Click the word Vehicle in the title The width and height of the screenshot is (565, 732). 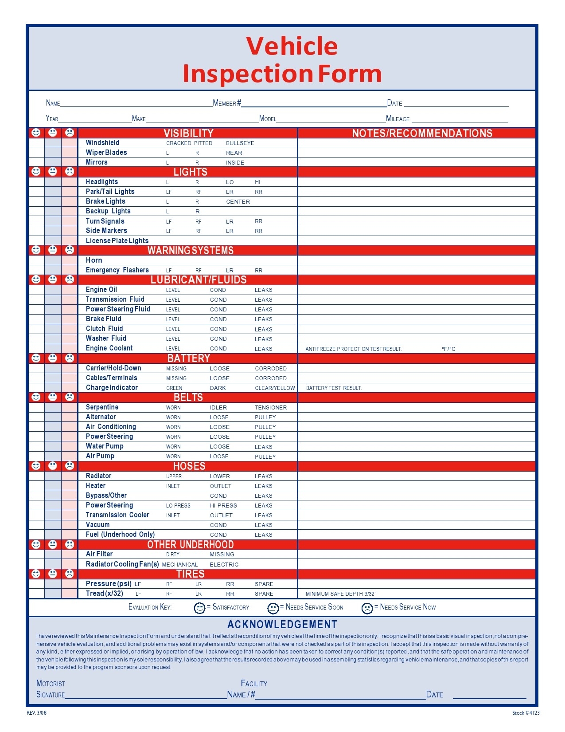point(292,46)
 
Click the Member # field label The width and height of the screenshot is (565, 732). point(227,103)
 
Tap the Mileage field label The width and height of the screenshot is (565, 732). point(398,119)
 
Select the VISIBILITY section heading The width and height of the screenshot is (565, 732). point(188,133)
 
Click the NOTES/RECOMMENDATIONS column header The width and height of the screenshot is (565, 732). point(422,133)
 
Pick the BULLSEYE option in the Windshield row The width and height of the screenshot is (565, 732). point(240,143)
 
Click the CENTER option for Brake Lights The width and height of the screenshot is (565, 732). point(238,202)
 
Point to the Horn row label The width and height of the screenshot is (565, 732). point(94,260)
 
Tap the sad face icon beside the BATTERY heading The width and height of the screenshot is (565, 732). point(70,358)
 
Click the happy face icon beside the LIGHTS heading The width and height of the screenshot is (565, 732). point(36,171)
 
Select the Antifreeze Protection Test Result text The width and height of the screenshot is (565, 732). point(353,349)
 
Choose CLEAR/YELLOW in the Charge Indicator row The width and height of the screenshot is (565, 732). point(275,388)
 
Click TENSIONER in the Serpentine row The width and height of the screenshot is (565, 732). point(270,408)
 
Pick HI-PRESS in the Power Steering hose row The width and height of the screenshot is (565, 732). point(223,506)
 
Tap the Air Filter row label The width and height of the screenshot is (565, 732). point(99,554)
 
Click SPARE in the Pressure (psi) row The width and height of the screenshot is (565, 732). point(264,584)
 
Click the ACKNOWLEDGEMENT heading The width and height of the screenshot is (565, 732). point(282,625)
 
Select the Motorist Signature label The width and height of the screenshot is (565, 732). point(51,689)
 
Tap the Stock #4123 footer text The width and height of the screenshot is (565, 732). point(526,713)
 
